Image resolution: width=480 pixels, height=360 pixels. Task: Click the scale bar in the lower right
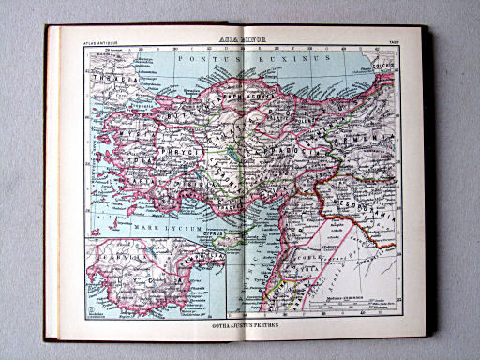(x=357, y=302)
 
